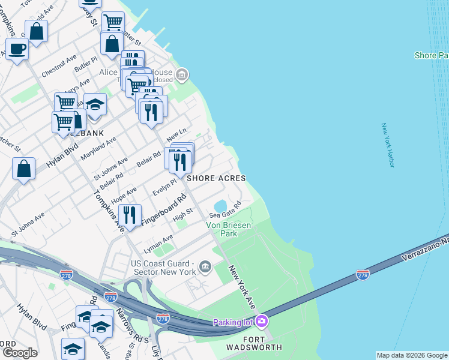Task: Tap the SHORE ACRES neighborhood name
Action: coord(216,178)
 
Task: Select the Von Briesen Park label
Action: coord(229,229)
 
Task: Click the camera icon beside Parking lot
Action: coord(261,322)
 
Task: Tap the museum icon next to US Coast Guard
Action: coord(205,266)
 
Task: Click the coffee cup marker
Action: coord(17,49)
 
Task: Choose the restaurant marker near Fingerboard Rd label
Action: coord(130,214)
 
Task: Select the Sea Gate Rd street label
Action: coord(225,209)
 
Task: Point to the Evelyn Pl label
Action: coord(164,187)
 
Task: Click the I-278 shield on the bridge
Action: coord(363,274)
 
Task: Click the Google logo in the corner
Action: coord(20,353)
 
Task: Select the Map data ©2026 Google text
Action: coord(412,355)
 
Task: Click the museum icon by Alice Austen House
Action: coord(182,75)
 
